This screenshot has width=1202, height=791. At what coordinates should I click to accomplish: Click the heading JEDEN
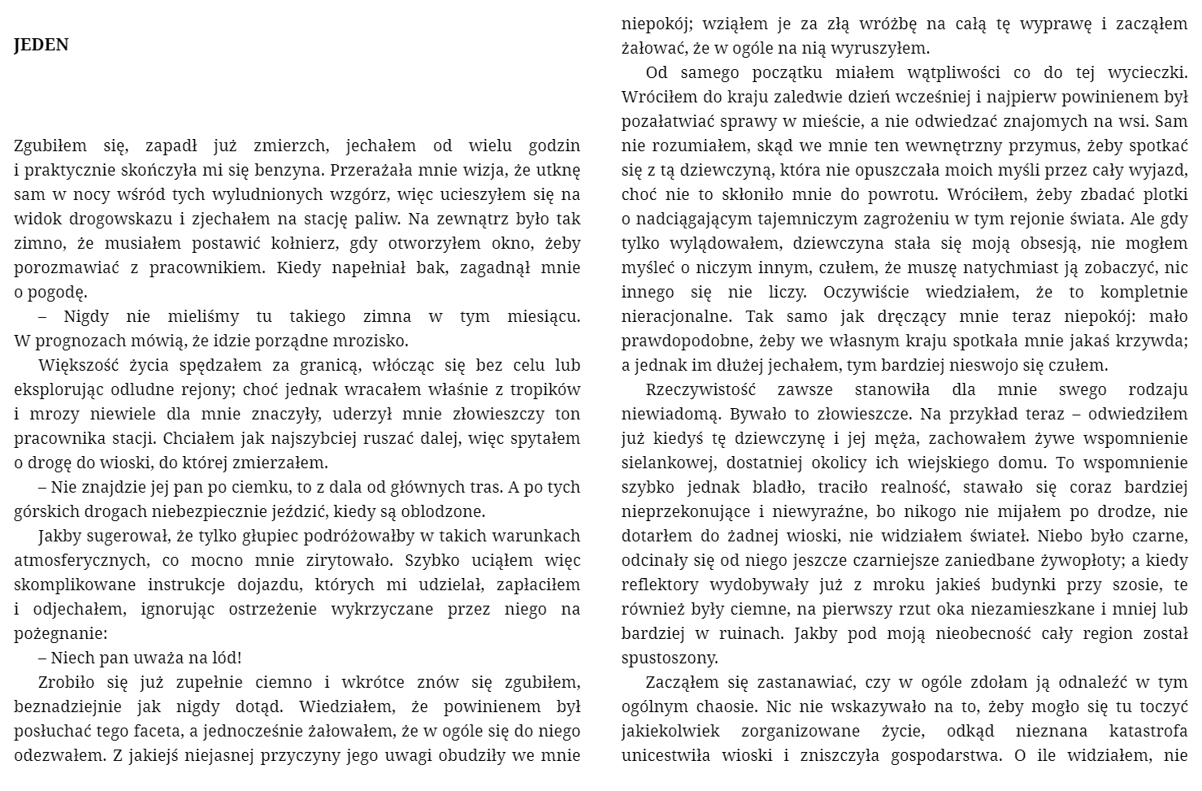(x=41, y=46)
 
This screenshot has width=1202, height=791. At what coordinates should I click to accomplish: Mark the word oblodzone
(x=444, y=512)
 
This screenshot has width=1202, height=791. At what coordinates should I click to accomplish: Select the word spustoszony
(x=670, y=658)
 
